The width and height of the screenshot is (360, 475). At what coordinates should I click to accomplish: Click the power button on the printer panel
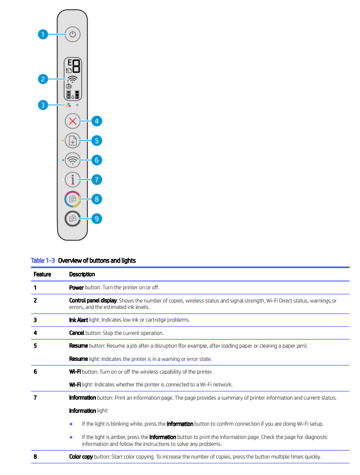point(73,34)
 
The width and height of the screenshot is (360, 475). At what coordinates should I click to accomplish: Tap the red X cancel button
point(73,121)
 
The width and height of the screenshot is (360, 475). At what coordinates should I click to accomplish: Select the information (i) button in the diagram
point(73,179)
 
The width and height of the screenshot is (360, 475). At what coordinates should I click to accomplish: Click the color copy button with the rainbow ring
point(73,199)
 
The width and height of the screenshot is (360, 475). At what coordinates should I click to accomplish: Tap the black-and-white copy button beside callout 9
point(73,218)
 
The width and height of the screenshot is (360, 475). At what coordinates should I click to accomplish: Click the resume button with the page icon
point(73,141)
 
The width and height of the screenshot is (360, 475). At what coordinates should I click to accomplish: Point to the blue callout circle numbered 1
point(43,34)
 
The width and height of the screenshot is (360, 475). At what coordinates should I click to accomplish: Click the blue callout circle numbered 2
point(43,79)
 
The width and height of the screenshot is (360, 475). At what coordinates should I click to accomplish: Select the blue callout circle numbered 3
point(43,105)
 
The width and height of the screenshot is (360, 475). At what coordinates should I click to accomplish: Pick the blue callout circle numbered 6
point(96,160)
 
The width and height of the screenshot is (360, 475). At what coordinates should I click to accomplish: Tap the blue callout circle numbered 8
point(96,199)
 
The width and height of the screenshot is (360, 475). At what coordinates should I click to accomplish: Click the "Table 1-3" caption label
point(43,261)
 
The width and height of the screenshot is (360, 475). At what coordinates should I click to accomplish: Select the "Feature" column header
point(42,274)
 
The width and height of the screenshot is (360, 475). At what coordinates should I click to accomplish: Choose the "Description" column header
point(82,274)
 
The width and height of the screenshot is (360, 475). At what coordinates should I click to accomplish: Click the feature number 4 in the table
point(35,333)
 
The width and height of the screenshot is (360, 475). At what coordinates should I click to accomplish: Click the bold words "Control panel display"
point(93,300)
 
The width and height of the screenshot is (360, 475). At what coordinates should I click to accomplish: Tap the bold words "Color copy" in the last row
point(81,457)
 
